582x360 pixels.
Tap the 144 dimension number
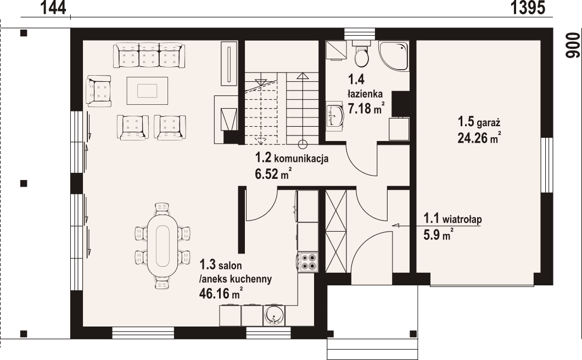[x=53, y=8]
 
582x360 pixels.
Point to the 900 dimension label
[x=572, y=46]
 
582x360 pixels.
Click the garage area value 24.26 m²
[x=479, y=138]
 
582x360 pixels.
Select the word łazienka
[x=365, y=93]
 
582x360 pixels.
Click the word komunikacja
[x=301, y=159]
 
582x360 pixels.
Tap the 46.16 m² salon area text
[x=221, y=293]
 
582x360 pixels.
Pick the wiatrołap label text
[x=462, y=219]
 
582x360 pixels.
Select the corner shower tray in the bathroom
[x=394, y=55]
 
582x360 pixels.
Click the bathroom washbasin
[x=335, y=115]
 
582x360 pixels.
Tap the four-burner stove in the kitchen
[x=307, y=262]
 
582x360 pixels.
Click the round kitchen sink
[x=275, y=316]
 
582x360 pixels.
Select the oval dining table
[x=162, y=245]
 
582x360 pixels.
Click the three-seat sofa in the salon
[x=149, y=55]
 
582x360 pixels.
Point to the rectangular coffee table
[x=147, y=91]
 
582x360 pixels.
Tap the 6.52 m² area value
[x=273, y=174]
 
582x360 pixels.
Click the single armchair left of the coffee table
[x=98, y=91]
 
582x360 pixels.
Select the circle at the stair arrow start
[x=303, y=144]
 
